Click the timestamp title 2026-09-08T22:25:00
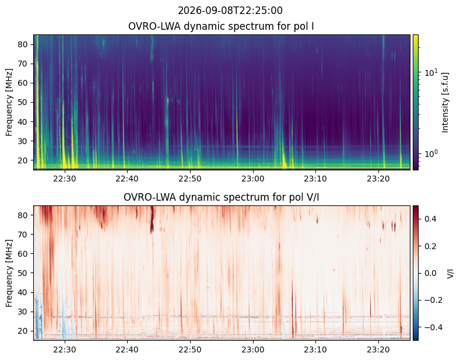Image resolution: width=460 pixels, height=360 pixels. (230, 11)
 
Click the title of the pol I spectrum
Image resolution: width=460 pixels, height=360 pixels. (221, 26)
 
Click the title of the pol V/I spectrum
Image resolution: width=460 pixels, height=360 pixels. (221, 197)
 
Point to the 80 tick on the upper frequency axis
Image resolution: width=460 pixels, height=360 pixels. (23, 44)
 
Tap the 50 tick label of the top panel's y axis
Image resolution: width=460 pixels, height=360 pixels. (23, 103)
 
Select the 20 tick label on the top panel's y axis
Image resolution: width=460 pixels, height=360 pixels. (23, 160)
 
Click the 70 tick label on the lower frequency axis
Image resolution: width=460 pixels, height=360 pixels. (23, 235)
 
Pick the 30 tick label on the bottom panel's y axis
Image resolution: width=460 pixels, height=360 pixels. (23, 312)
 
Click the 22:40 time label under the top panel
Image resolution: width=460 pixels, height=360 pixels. (127, 179)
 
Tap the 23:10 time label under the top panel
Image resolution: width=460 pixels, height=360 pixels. (315, 179)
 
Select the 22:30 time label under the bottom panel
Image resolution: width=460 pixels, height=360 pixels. (65, 349)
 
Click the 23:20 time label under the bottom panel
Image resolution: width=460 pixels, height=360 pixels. (378, 349)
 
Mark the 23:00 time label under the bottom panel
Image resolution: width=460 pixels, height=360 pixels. (253, 349)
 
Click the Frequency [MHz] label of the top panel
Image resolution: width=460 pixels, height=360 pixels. (9, 103)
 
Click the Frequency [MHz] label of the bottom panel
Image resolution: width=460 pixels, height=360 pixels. (9, 274)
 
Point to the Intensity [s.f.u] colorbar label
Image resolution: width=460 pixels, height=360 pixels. (445, 102)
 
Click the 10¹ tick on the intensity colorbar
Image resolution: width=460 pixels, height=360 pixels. (431, 72)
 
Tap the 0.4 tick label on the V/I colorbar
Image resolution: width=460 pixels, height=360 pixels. (430, 219)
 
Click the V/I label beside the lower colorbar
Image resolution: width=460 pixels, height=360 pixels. (450, 274)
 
